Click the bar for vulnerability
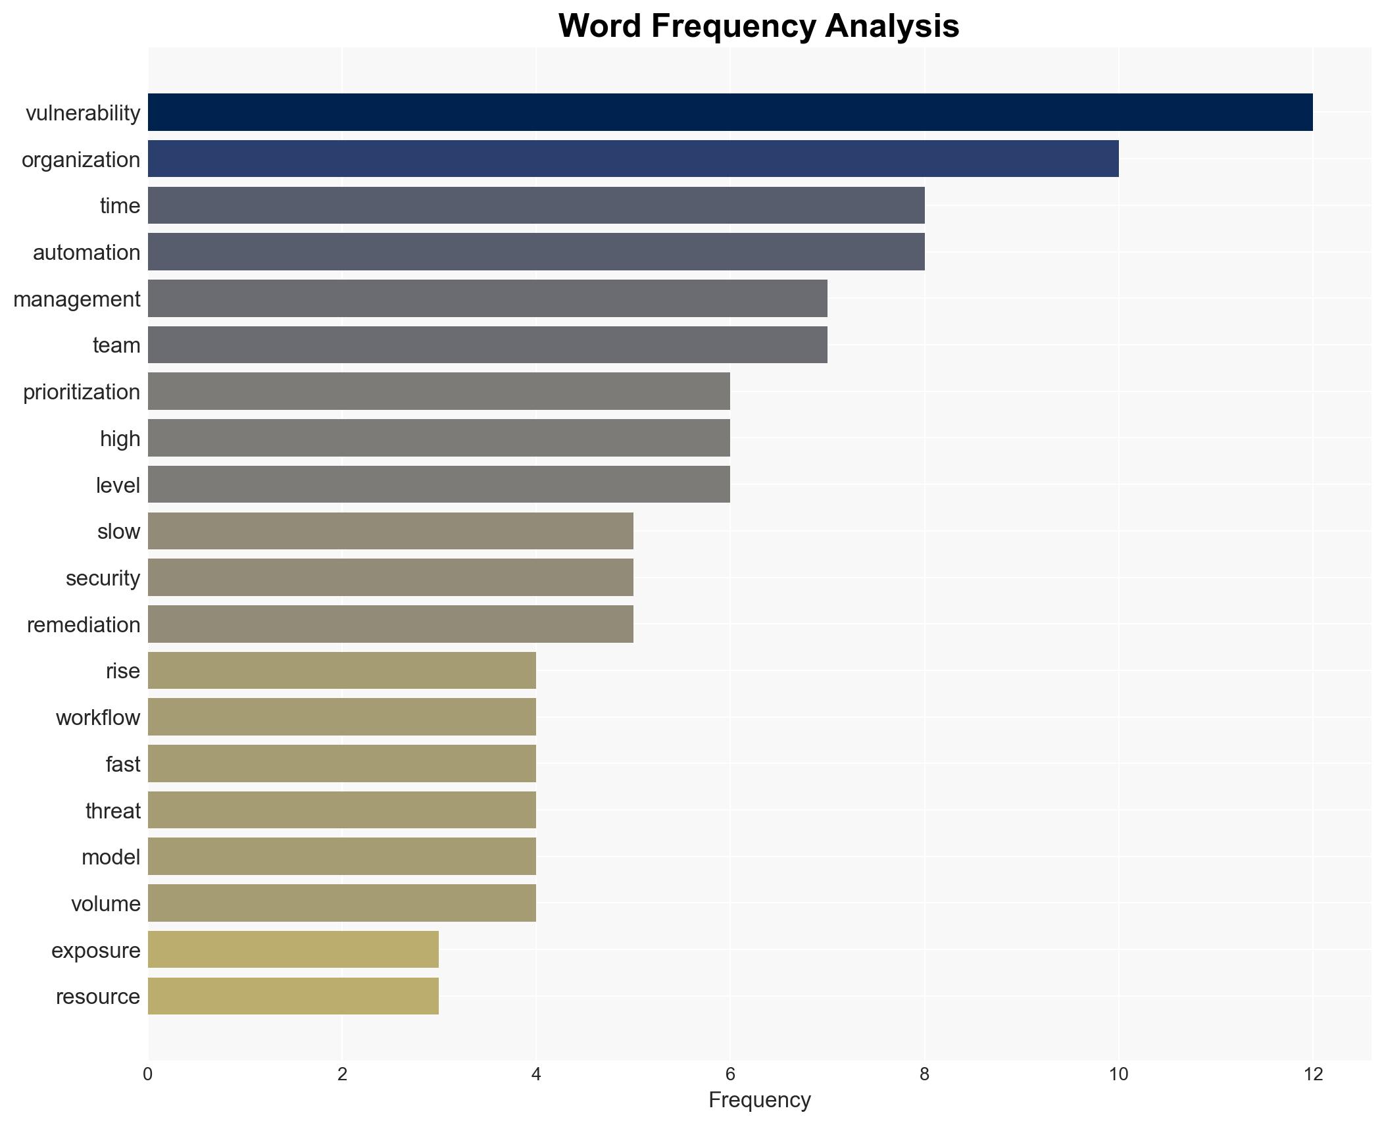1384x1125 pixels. click(729, 113)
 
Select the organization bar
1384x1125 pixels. click(633, 159)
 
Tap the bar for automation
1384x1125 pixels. click(535, 252)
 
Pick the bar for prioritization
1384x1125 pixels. click(439, 391)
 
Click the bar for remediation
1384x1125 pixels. click(390, 624)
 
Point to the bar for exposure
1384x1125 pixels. click(293, 949)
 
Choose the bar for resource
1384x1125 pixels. click(293, 996)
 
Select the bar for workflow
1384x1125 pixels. click(341, 717)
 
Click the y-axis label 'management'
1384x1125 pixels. click(76, 299)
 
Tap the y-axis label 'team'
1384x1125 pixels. click(116, 345)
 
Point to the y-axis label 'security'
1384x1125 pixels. click(103, 578)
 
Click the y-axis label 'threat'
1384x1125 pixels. click(112, 811)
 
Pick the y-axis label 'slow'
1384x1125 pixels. click(118, 532)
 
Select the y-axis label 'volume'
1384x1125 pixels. click(105, 904)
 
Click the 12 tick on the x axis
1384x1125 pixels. click(1312, 1075)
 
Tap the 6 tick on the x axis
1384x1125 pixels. click(729, 1075)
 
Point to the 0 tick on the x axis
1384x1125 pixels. click(147, 1075)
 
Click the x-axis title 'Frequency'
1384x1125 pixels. click(759, 1100)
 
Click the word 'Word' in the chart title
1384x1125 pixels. click(600, 26)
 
